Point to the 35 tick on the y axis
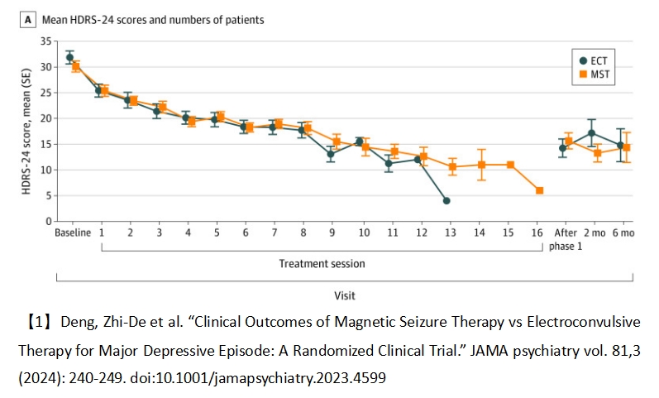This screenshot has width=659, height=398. (45, 41)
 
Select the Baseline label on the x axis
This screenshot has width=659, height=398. (73, 234)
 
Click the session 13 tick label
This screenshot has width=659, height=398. (446, 234)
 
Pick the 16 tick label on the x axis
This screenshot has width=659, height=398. (539, 234)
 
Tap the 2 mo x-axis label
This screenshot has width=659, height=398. (593, 234)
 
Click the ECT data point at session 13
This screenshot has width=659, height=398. (446, 200)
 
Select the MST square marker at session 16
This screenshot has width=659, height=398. (539, 190)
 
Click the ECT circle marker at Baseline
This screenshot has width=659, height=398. (69, 58)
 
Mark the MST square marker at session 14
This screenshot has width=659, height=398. (481, 165)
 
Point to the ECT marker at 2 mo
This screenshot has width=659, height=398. (591, 133)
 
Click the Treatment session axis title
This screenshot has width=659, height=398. (322, 264)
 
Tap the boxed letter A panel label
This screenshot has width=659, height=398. (28, 20)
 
